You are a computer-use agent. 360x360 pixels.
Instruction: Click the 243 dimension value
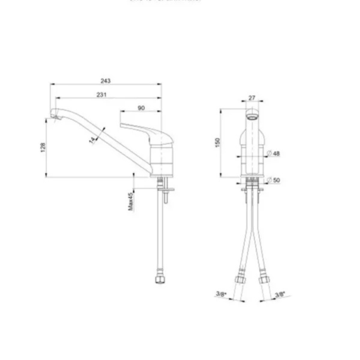(105, 81)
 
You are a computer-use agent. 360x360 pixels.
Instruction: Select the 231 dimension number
(101, 94)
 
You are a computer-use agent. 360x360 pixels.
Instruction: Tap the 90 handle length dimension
(141, 108)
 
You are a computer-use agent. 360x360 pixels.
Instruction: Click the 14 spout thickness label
(93, 139)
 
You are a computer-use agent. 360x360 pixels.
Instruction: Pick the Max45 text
(130, 201)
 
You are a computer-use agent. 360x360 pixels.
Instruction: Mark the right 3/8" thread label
(279, 294)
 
